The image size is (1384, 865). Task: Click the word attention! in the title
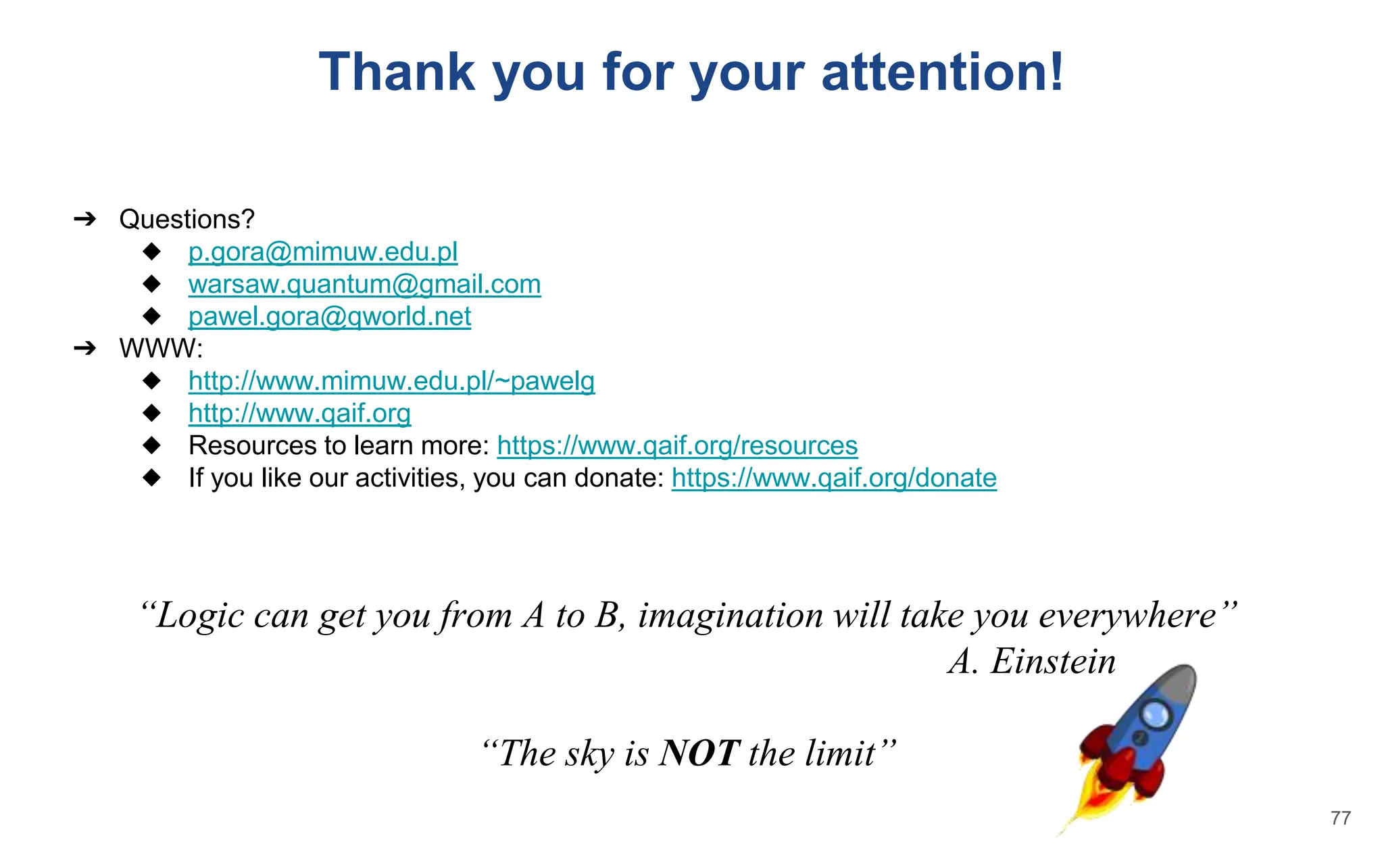(942, 72)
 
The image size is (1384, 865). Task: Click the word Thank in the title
(397, 72)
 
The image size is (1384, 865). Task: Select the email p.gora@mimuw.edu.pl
(323, 252)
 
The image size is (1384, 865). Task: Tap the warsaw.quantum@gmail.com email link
(364, 285)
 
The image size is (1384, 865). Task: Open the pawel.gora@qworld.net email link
(329, 317)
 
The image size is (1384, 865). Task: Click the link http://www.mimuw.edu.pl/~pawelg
(391, 382)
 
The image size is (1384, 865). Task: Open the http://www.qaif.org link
(299, 414)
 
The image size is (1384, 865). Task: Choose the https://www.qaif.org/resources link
(677, 446)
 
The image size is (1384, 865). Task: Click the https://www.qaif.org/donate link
(834, 478)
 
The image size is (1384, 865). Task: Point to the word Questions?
(187, 220)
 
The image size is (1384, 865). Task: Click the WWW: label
(161, 349)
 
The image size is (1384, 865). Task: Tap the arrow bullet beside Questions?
(85, 219)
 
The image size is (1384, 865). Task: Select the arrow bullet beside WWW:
(85, 349)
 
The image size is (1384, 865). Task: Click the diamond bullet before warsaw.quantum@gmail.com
(152, 284)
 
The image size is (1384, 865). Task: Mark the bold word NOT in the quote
(699, 753)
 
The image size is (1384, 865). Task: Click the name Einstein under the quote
(1053, 662)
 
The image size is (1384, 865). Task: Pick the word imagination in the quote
(730, 616)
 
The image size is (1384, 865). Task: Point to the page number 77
(1340, 818)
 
